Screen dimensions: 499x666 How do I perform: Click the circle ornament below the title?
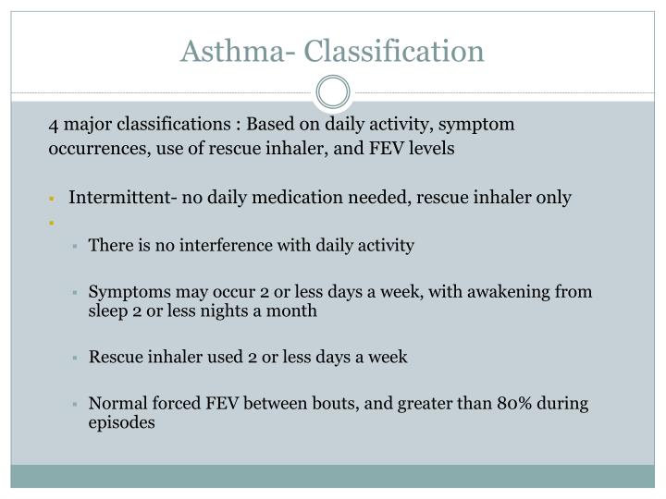coord(333,92)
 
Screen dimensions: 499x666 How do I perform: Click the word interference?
coord(204,246)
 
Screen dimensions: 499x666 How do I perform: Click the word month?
coord(294,311)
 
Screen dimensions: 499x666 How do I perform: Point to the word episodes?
coord(122,423)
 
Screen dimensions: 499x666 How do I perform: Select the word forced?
coord(166,404)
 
